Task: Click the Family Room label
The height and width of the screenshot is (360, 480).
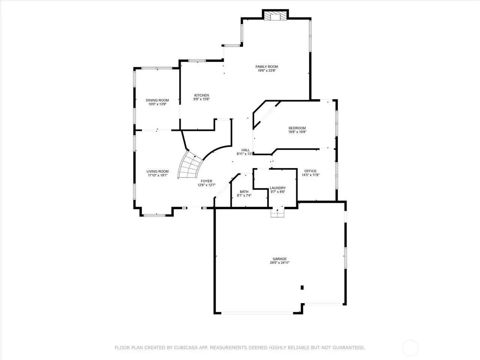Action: click(x=267, y=67)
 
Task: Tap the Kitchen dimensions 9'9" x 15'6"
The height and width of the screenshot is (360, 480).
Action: click(x=201, y=99)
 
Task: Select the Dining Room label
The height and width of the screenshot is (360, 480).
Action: click(x=157, y=100)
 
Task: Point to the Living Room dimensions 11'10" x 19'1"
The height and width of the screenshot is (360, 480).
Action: click(x=157, y=175)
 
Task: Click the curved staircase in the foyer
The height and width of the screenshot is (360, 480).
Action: click(x=189, y=165)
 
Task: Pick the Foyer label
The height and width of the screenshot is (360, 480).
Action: click(x=206, y=181)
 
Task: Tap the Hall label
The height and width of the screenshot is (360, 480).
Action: click(x=245, y=150)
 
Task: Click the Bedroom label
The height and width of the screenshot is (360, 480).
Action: click(x=297, y=128)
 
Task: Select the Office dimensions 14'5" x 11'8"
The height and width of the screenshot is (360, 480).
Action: click(x=310, y=175)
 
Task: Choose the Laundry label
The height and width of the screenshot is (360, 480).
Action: click(x=278, y=188)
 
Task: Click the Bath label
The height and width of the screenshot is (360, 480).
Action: click(x=244, y=192)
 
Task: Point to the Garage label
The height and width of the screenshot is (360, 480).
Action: click(x=279, y=259)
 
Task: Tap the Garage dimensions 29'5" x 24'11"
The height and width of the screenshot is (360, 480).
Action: click(x=279, y=263)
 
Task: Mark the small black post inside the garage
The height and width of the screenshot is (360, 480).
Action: click(x=302, y=287)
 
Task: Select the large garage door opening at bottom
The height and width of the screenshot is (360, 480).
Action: click(x=257, y=313)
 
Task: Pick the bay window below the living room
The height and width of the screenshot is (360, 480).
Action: click(x=154, y=215)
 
